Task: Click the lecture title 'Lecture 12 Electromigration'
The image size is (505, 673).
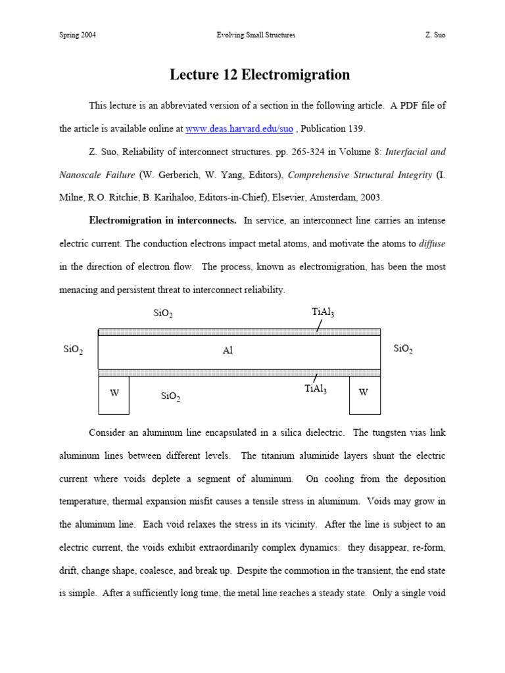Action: click(260, 75)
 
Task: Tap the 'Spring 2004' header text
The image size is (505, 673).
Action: click(78, 35)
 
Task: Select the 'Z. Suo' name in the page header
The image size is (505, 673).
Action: click(435, 35)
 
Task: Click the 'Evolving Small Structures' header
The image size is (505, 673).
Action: click(256, 35)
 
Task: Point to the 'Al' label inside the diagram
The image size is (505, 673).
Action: click(228, 351)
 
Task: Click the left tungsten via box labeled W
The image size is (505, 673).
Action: click(114, 393)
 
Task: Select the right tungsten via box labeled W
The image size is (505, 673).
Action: click(364, 393)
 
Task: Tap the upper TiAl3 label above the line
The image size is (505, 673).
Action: click(323, 312)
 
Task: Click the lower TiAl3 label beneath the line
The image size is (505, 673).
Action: click(316, 389)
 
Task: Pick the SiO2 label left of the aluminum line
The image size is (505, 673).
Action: click(73, 350)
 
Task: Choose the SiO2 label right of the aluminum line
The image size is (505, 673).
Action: click(403, 348)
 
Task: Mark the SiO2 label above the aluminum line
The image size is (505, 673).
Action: click(163, 313)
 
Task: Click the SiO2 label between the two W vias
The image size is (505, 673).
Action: click(170, 396)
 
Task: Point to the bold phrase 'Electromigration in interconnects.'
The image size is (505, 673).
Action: click(163, 220)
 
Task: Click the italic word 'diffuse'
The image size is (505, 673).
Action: click(432, 243)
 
